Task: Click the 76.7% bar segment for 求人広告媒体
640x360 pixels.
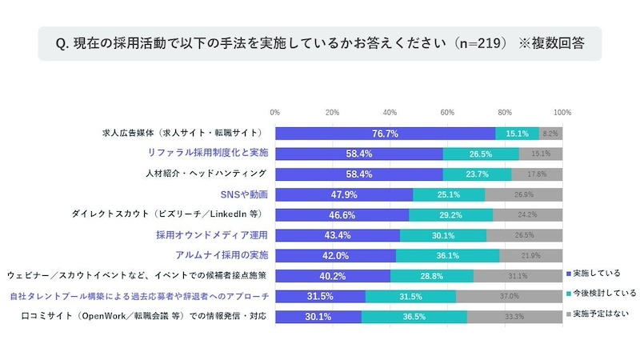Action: click(385, 134)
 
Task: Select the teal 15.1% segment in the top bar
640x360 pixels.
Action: click(517, 134)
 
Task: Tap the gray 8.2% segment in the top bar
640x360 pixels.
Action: click(550, 134)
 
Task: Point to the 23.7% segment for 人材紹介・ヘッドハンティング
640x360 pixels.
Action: click(477, 173)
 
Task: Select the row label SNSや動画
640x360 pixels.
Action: click(244, 194)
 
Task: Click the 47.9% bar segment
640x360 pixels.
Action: click(344, 194)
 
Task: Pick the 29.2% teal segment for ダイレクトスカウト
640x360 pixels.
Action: click(451, 214)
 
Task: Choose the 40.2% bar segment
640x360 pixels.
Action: click(333, 275)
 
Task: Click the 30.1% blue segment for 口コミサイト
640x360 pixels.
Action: click(318, 317)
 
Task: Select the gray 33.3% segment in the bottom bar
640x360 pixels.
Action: click(514, 317)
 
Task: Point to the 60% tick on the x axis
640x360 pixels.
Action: click(447, 111)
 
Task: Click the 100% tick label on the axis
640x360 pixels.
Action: click(562, 111)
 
